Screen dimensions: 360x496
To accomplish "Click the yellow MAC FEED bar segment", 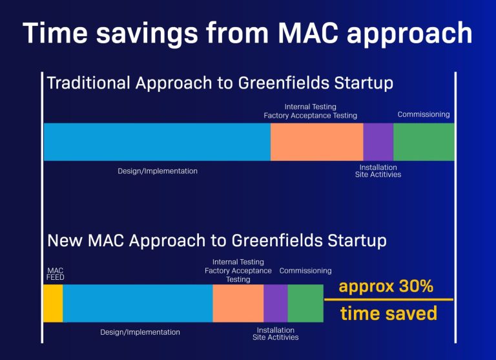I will point(53,303).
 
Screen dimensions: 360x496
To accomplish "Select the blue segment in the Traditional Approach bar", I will point(157,142).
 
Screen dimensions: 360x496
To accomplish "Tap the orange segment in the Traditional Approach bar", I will point(316,142).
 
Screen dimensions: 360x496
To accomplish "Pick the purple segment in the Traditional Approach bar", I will point(378,142).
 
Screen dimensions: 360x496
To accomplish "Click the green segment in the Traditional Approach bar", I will point(424,142).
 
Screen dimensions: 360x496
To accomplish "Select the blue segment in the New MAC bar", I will point(138,303).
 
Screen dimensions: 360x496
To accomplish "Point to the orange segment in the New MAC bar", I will point(238,303).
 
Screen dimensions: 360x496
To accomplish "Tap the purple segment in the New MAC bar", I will point(275,303).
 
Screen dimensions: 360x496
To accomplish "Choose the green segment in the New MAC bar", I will point(305,303).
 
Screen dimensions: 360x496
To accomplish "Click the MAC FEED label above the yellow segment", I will point(56,274).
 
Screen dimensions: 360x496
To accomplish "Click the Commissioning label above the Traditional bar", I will point(423,114).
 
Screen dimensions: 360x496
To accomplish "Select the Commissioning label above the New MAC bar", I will point(305,271).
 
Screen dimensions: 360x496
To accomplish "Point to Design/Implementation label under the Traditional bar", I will point(158,171).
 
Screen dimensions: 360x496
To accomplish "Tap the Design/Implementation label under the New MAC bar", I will point(140,332).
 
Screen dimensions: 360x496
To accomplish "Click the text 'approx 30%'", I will point(386,287).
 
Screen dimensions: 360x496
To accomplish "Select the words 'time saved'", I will point(388,314).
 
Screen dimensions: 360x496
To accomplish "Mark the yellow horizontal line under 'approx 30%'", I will point(388,300).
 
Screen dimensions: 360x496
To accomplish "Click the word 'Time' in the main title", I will point(54,33).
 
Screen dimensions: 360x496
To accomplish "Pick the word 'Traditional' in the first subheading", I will point(87,83).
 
